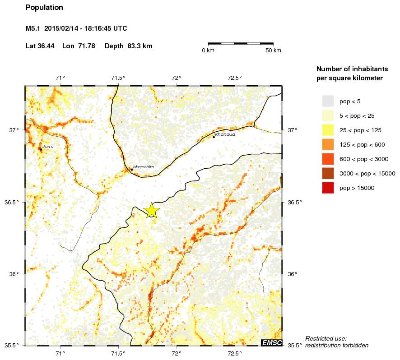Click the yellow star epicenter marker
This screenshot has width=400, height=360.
[x=152, y=210]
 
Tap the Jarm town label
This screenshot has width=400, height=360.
[x=48, y=147]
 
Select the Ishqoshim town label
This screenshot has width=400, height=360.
[x=144, y=167]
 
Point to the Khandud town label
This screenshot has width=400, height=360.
[x=225, y=134]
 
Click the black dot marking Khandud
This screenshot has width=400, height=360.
[x=214, y=137]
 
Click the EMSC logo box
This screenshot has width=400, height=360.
[x=272, y=343]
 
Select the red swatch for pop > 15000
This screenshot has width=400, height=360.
[x=328, y=188]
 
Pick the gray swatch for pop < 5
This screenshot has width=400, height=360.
[x=328, y=101]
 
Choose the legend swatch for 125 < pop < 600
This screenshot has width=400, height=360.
[x=328, y=144]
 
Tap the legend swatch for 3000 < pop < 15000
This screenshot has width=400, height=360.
[x=328, y=173]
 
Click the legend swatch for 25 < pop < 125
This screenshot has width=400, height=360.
[x=328, y=130]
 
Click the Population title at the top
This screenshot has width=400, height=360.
[x=44, y=8]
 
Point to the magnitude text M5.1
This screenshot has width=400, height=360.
[x=33, y=28]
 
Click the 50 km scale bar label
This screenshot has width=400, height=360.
[x=274, y=50]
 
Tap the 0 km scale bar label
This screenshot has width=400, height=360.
[x=208, y=50]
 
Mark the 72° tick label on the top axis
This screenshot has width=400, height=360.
[x=177, y=78]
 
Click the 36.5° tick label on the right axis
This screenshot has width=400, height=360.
[x=295, y=202]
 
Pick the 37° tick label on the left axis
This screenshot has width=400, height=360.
[x=14, y=130]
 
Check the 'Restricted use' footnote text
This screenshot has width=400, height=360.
[x=326, y=338]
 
